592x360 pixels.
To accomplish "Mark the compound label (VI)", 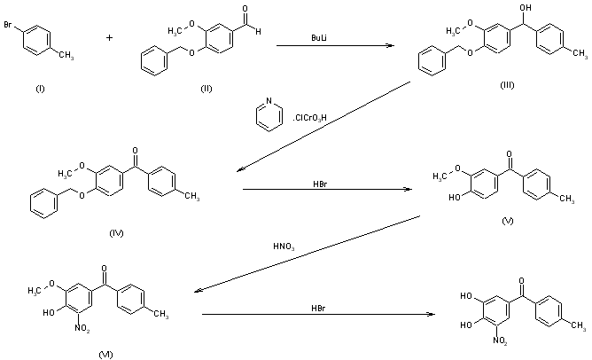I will tap(105, 354).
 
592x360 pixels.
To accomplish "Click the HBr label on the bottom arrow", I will tap(317, 308).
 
